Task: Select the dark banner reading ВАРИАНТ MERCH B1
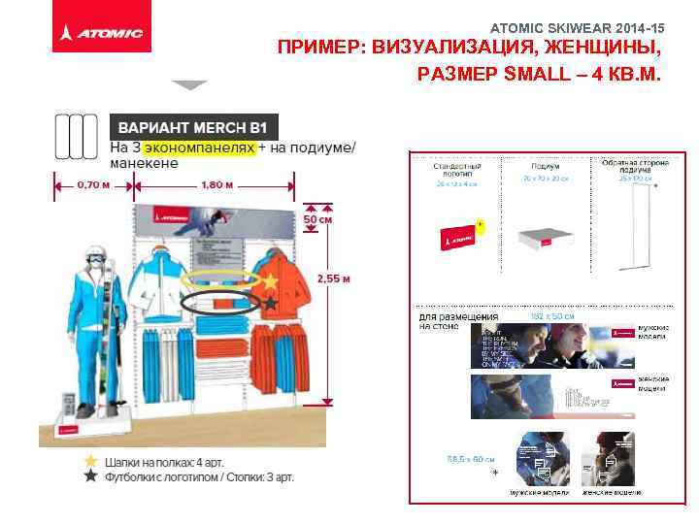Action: point(193,126)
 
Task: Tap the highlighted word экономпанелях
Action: point(199,147)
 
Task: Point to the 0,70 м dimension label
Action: point(92,184)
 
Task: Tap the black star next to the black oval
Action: point(271,304)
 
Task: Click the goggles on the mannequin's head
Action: point(94,259)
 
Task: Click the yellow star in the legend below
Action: point(90,460)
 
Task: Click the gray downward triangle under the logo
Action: point(190,85)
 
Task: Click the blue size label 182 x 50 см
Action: point(549,316)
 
